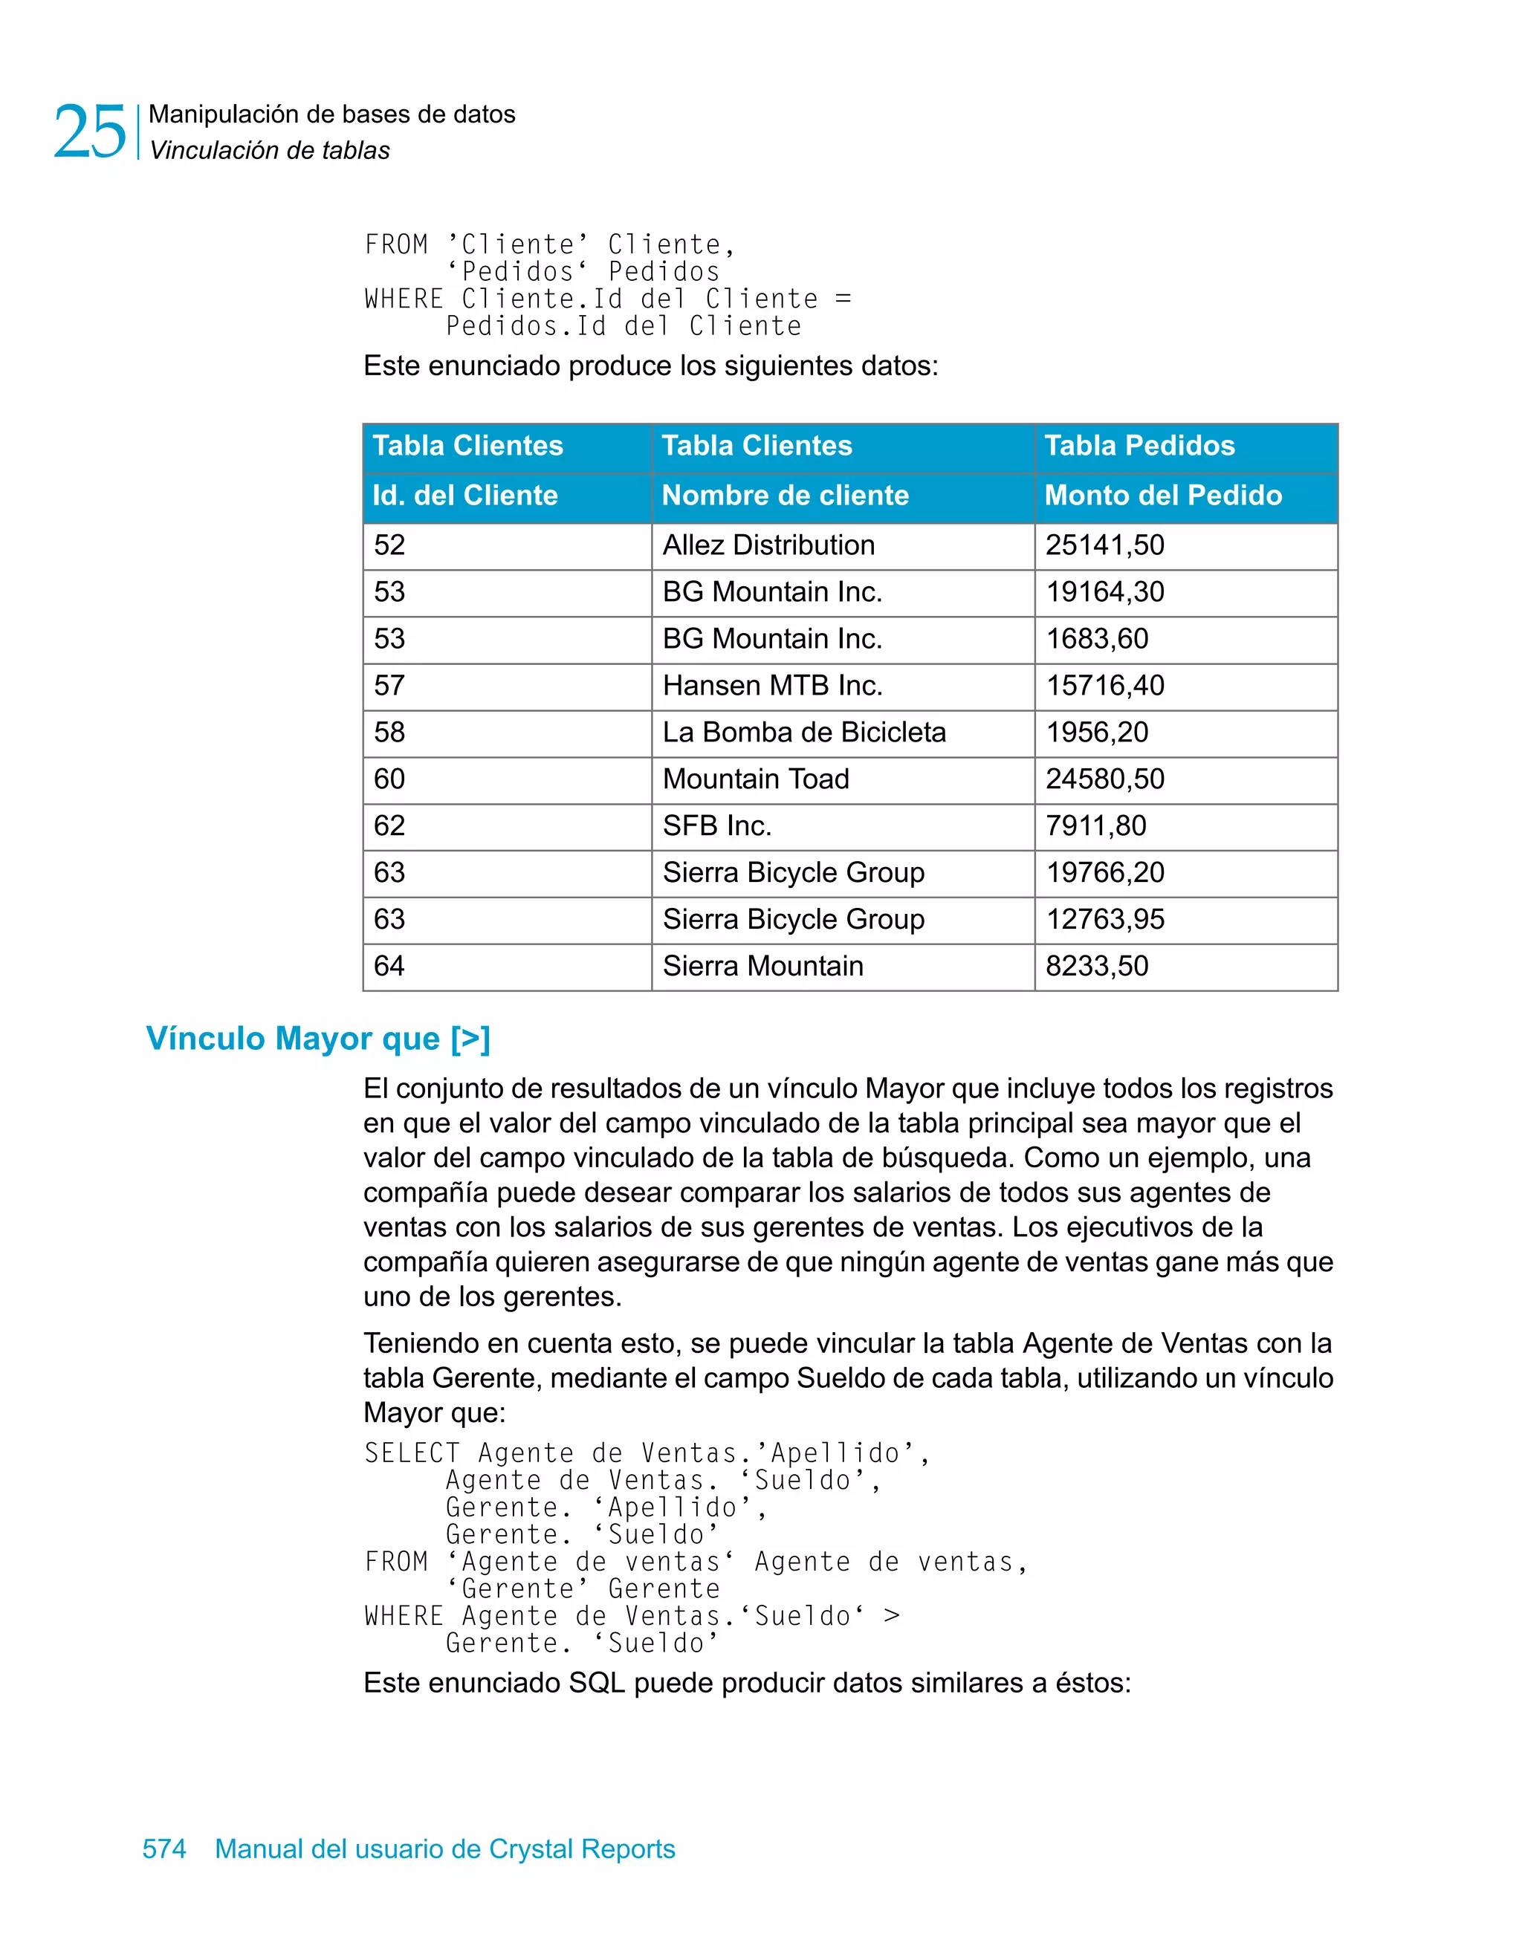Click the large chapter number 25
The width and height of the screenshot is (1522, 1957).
90,132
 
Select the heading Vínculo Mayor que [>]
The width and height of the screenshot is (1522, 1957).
318,1039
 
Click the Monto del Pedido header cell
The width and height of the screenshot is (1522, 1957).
1162,496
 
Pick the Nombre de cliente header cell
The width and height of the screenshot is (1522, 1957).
786,496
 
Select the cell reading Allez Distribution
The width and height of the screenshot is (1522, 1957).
768,545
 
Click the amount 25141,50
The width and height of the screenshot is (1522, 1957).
1104,545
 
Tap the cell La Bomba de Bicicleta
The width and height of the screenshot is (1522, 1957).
804,732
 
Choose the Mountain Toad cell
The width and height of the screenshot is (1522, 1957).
756,779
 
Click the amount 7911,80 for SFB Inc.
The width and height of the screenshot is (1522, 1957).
1095,825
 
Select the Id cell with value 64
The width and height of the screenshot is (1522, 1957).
389,966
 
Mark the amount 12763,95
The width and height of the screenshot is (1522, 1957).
1104,919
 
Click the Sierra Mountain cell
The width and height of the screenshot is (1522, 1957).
762,966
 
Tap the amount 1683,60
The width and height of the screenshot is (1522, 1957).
1096,639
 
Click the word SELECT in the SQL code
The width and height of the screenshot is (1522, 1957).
412,1453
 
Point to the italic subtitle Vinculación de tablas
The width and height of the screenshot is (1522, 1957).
269,151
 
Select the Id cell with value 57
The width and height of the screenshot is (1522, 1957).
389,686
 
